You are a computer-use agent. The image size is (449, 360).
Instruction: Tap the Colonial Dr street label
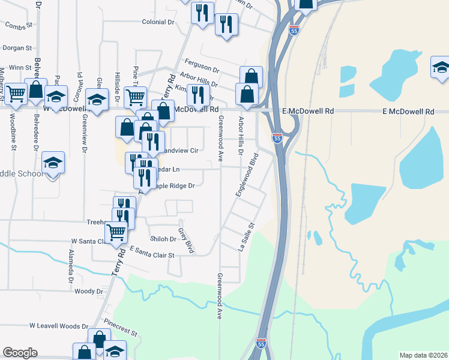pos(158,22)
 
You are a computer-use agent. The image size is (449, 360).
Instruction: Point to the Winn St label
pos(20,68)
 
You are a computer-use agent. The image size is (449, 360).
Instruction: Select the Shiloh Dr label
pos(163,239)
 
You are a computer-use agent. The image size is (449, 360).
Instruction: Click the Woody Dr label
pos(89,292)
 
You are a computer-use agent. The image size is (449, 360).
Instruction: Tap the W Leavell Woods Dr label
pos(59,326)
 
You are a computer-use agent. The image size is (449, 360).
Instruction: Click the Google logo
pos(20,353)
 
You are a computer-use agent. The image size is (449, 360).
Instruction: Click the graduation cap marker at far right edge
pos(441,68)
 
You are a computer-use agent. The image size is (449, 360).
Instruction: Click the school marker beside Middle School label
pos(53,163)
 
